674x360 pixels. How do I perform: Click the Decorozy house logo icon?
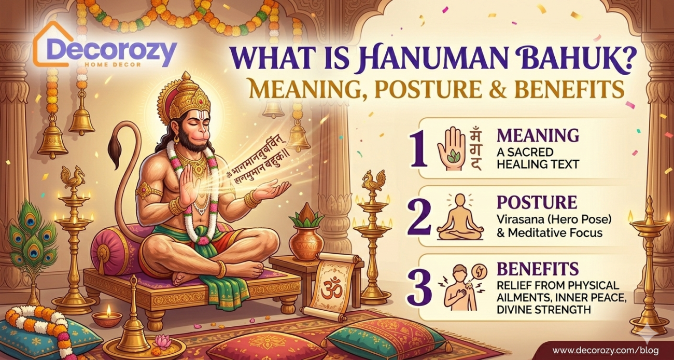click(49, 44)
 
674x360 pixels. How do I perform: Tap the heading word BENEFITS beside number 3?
click(538, 269)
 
